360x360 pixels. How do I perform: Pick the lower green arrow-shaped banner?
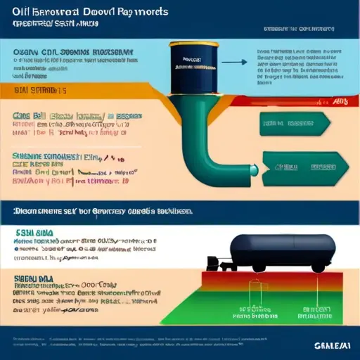pyautogui.click(x=295, y=167)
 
